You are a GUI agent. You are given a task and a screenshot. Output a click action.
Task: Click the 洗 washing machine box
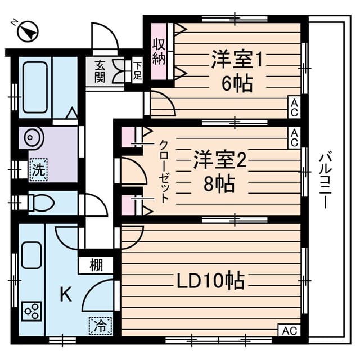tap(38, 170)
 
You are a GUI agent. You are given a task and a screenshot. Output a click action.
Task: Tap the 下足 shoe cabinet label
tap(137, 70)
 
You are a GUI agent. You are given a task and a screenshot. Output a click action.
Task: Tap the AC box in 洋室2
tap(294, 136)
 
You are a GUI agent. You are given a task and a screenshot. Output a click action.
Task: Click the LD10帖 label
tap(211, 279)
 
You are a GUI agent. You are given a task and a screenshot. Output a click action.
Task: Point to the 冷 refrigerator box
tap(100, 325)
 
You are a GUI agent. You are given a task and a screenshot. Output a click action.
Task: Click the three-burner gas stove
tap(31, 311)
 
